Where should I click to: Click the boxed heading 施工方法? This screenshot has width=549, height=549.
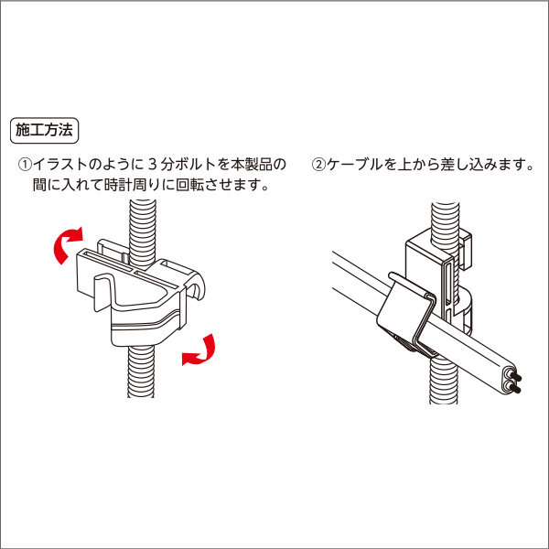pos(45,130)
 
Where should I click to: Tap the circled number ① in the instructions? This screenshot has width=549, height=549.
pos(26,166)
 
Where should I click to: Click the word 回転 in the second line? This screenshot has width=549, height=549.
pos(188,187)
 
